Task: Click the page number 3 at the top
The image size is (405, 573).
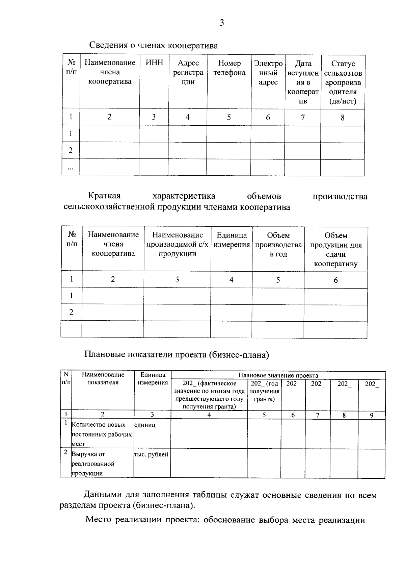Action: click(221, 23)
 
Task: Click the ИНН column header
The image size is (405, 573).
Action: click(154, 63)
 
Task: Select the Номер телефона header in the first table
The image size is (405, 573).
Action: click(229, 68)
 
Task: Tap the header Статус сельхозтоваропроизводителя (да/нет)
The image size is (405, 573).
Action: click(343, 82)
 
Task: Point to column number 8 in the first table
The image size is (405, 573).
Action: click(343, 118)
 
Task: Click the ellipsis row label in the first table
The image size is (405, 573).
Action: click(71, 168)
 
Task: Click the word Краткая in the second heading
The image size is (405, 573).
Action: click(104, 196)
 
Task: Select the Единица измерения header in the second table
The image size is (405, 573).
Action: click(232, 240)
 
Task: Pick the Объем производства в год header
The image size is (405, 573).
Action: click(278, 245)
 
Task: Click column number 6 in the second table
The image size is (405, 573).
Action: click(335, 280)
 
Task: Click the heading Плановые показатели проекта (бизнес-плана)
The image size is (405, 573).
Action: click(177, 354)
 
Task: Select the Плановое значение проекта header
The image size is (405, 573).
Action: click(278, 375)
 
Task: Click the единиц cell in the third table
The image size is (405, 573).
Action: click(145, 425)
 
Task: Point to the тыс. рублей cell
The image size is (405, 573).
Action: click(151, 454)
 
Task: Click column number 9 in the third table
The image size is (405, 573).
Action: click(371, 415)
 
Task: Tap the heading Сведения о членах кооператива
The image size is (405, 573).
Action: click(154, 45)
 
